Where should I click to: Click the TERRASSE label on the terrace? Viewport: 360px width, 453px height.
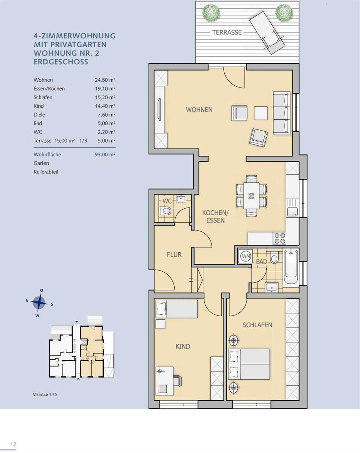227,32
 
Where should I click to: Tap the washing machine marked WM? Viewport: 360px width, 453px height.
246,256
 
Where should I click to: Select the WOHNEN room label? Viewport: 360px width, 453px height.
199,110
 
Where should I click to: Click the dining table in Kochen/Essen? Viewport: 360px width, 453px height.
251,196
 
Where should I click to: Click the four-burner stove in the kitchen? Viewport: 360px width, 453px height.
280,239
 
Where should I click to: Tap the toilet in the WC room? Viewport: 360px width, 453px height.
165,211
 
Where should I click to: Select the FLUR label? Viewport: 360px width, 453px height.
174,255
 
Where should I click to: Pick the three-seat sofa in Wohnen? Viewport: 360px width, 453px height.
281,113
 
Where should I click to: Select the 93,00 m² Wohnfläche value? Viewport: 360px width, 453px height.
105,154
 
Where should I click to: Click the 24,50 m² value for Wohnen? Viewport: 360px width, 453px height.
105,80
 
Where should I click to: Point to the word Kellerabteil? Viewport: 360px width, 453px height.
46,172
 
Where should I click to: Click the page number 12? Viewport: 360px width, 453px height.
13,444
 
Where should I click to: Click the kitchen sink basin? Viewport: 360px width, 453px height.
292,212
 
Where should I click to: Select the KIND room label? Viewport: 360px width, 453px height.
183,346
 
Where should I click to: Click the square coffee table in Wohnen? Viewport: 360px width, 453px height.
261,113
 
